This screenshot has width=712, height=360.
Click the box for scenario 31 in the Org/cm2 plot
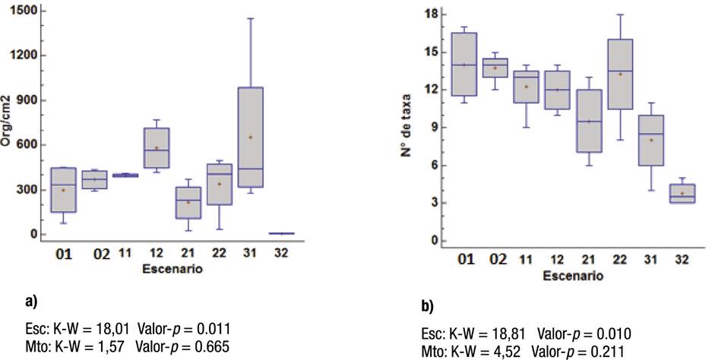click(x=250, y=137)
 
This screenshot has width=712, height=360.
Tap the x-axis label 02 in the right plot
click(x=498, y=260)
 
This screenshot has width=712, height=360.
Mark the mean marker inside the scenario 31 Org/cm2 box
click(x=250, y=137)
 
